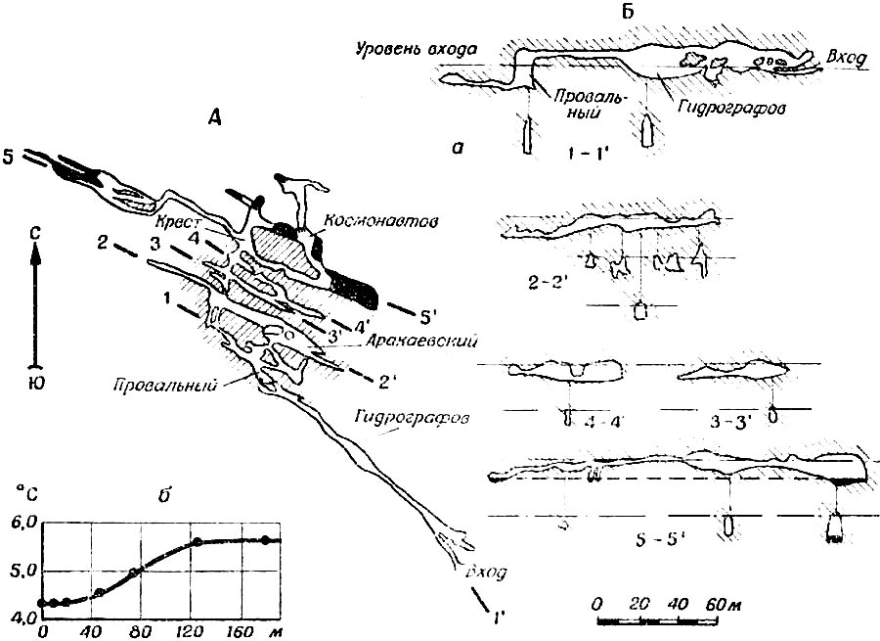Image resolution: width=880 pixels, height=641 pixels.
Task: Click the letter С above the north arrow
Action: (35, 233)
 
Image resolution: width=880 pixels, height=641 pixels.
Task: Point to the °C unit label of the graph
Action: (18, 481)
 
